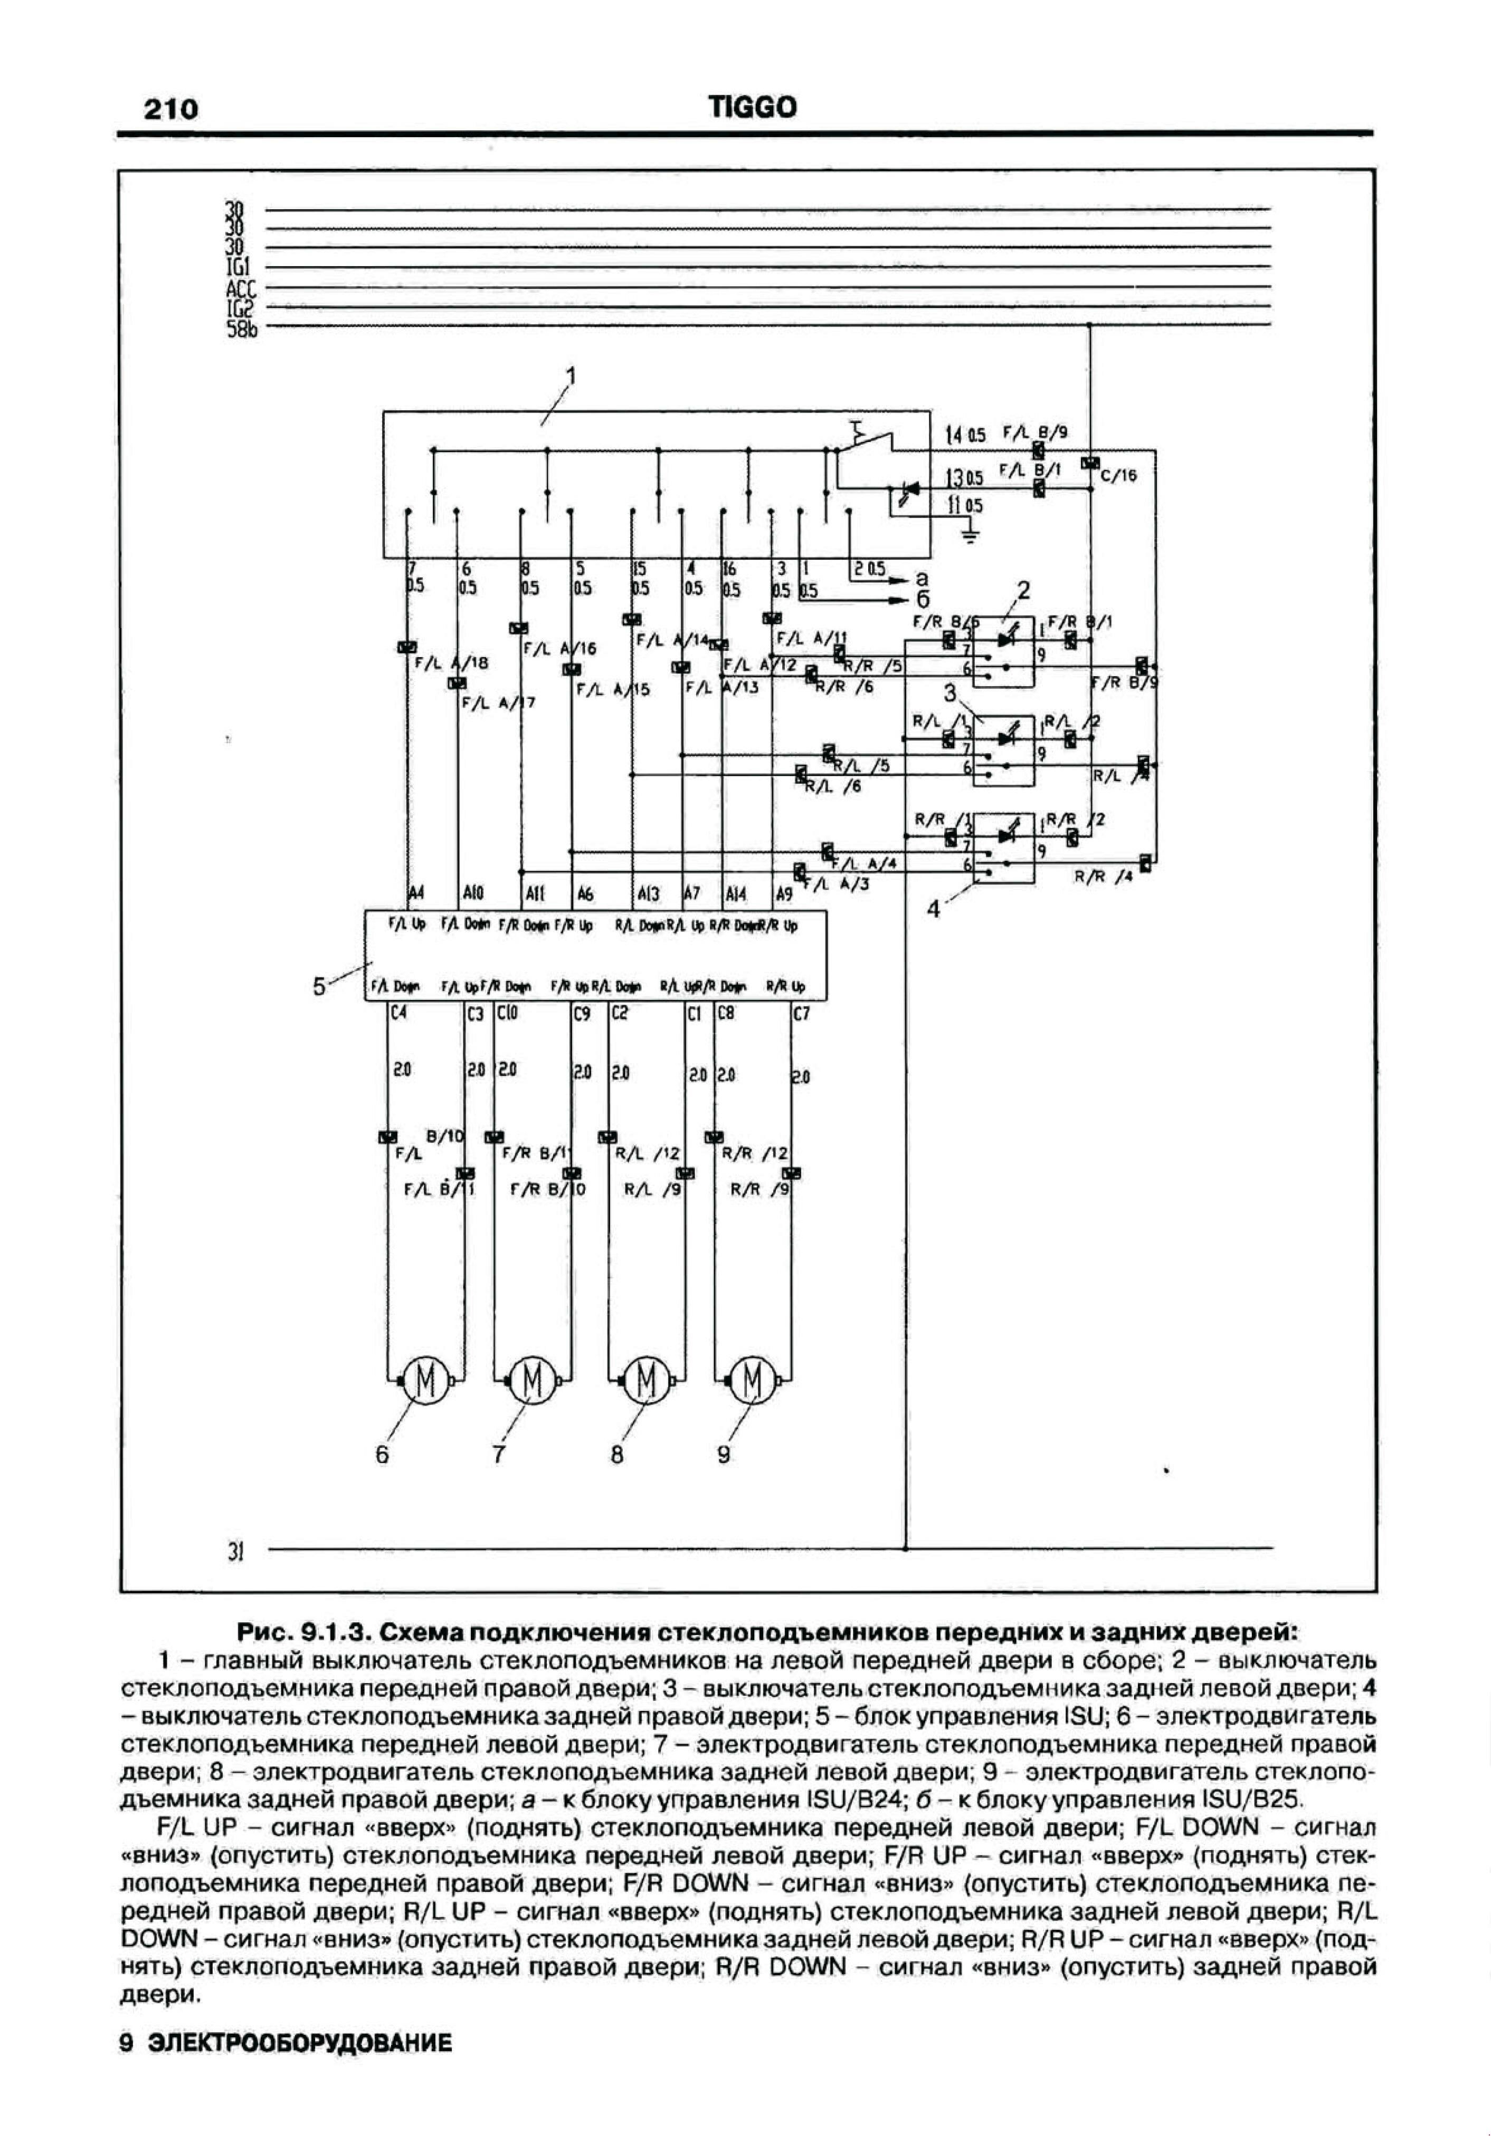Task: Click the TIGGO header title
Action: click(x=753, y=108)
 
